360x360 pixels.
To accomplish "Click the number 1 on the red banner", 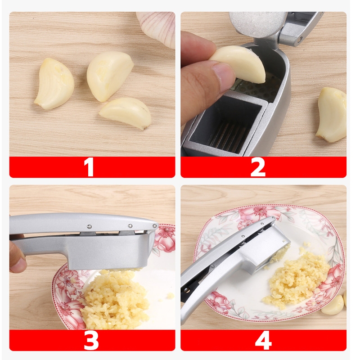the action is click(x=89, y=167).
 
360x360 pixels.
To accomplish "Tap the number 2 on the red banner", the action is click(x=258, y=167).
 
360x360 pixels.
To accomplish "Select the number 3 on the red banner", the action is click(x=91, y=340).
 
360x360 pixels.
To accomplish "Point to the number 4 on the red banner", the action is click(x=263, y=340).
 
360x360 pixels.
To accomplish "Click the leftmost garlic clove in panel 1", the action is click(x=54, y=84).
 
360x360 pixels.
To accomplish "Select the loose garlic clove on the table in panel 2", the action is click(x=332, y=114).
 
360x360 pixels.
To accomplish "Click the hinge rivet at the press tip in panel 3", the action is click(x=155, y=226).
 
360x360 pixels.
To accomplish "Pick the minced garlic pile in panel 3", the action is click(x=115, y=298).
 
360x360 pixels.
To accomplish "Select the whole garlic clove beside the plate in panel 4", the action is click(x=332, y=305).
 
